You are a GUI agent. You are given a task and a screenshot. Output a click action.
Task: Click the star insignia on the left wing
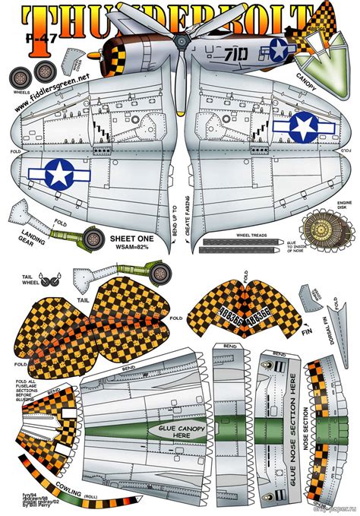click(x=58, y=174)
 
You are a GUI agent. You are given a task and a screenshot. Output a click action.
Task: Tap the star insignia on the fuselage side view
click(x=279, y=52)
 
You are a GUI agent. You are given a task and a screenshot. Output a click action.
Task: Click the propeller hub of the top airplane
click(x=180, y=40)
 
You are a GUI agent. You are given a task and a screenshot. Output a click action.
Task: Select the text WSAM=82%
click(x=131, y=247)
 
